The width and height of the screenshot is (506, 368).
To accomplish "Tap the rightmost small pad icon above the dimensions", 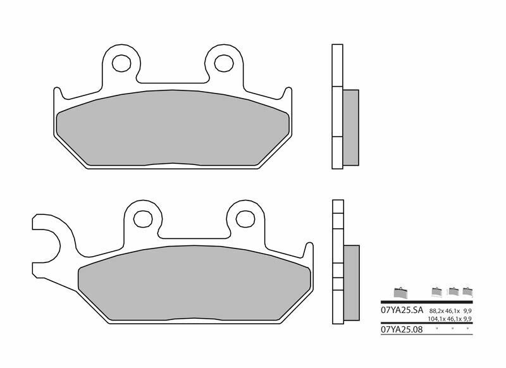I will tap(468, 291).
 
